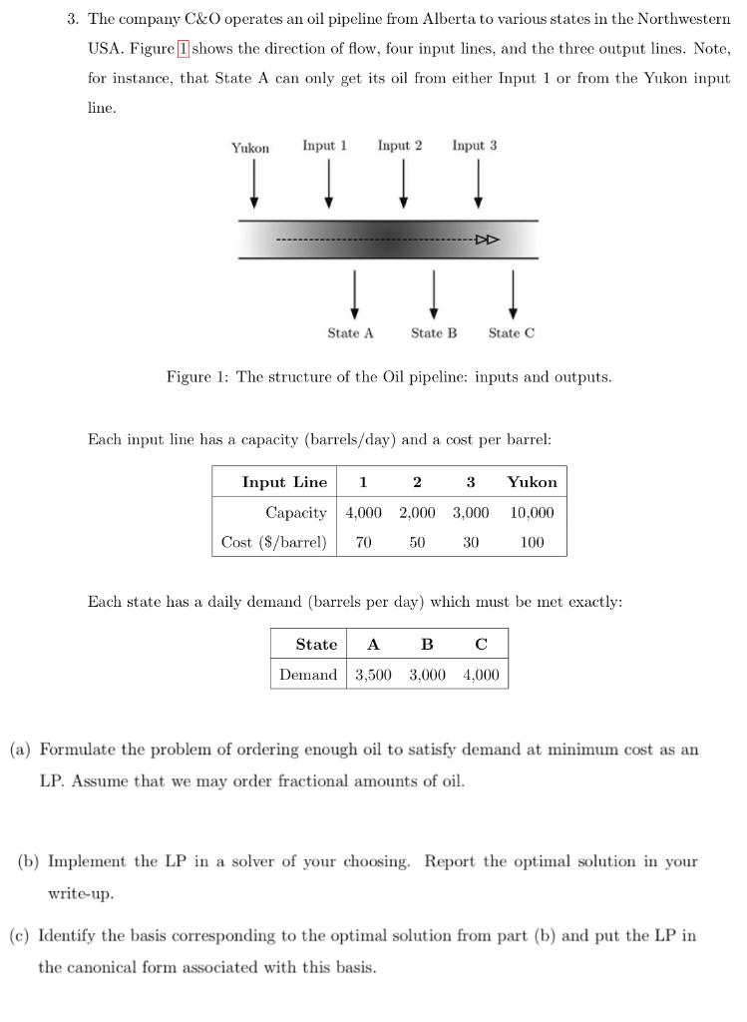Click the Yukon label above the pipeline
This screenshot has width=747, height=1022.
click(x=250, y=148)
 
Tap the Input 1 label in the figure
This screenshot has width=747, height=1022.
click(x=324, y=146)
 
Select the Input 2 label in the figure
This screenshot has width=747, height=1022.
click(x=399, y=146)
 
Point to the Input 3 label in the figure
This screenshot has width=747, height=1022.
click(x=474, y=146)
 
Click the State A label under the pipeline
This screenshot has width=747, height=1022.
click(x=350, y=333)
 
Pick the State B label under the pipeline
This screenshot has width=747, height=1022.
click(x=434, y=333)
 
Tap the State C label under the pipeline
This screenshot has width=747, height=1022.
click(x=511, y=333)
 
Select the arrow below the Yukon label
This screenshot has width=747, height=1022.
click(x=254, y=185)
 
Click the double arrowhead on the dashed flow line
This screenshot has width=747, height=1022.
click(x=487, y=240)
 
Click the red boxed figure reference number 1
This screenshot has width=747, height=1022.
click(x=183, y=49)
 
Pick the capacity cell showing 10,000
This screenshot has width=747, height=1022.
click(x=532, y=513)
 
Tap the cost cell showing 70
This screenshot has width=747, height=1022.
click(x=363, y=543)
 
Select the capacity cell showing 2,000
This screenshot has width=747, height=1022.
click(x=417, y=513)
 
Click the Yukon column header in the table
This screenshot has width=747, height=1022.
click(x=532, y=482)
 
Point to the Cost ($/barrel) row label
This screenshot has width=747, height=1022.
click(x=273, y=543)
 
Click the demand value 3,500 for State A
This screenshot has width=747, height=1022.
click(x=373, y=675)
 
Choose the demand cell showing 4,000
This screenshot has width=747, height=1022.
click(x=481, y=675)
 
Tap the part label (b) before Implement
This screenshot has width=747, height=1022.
click(x=29, y=861)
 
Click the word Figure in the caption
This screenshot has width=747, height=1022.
click(x=187, y=377)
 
